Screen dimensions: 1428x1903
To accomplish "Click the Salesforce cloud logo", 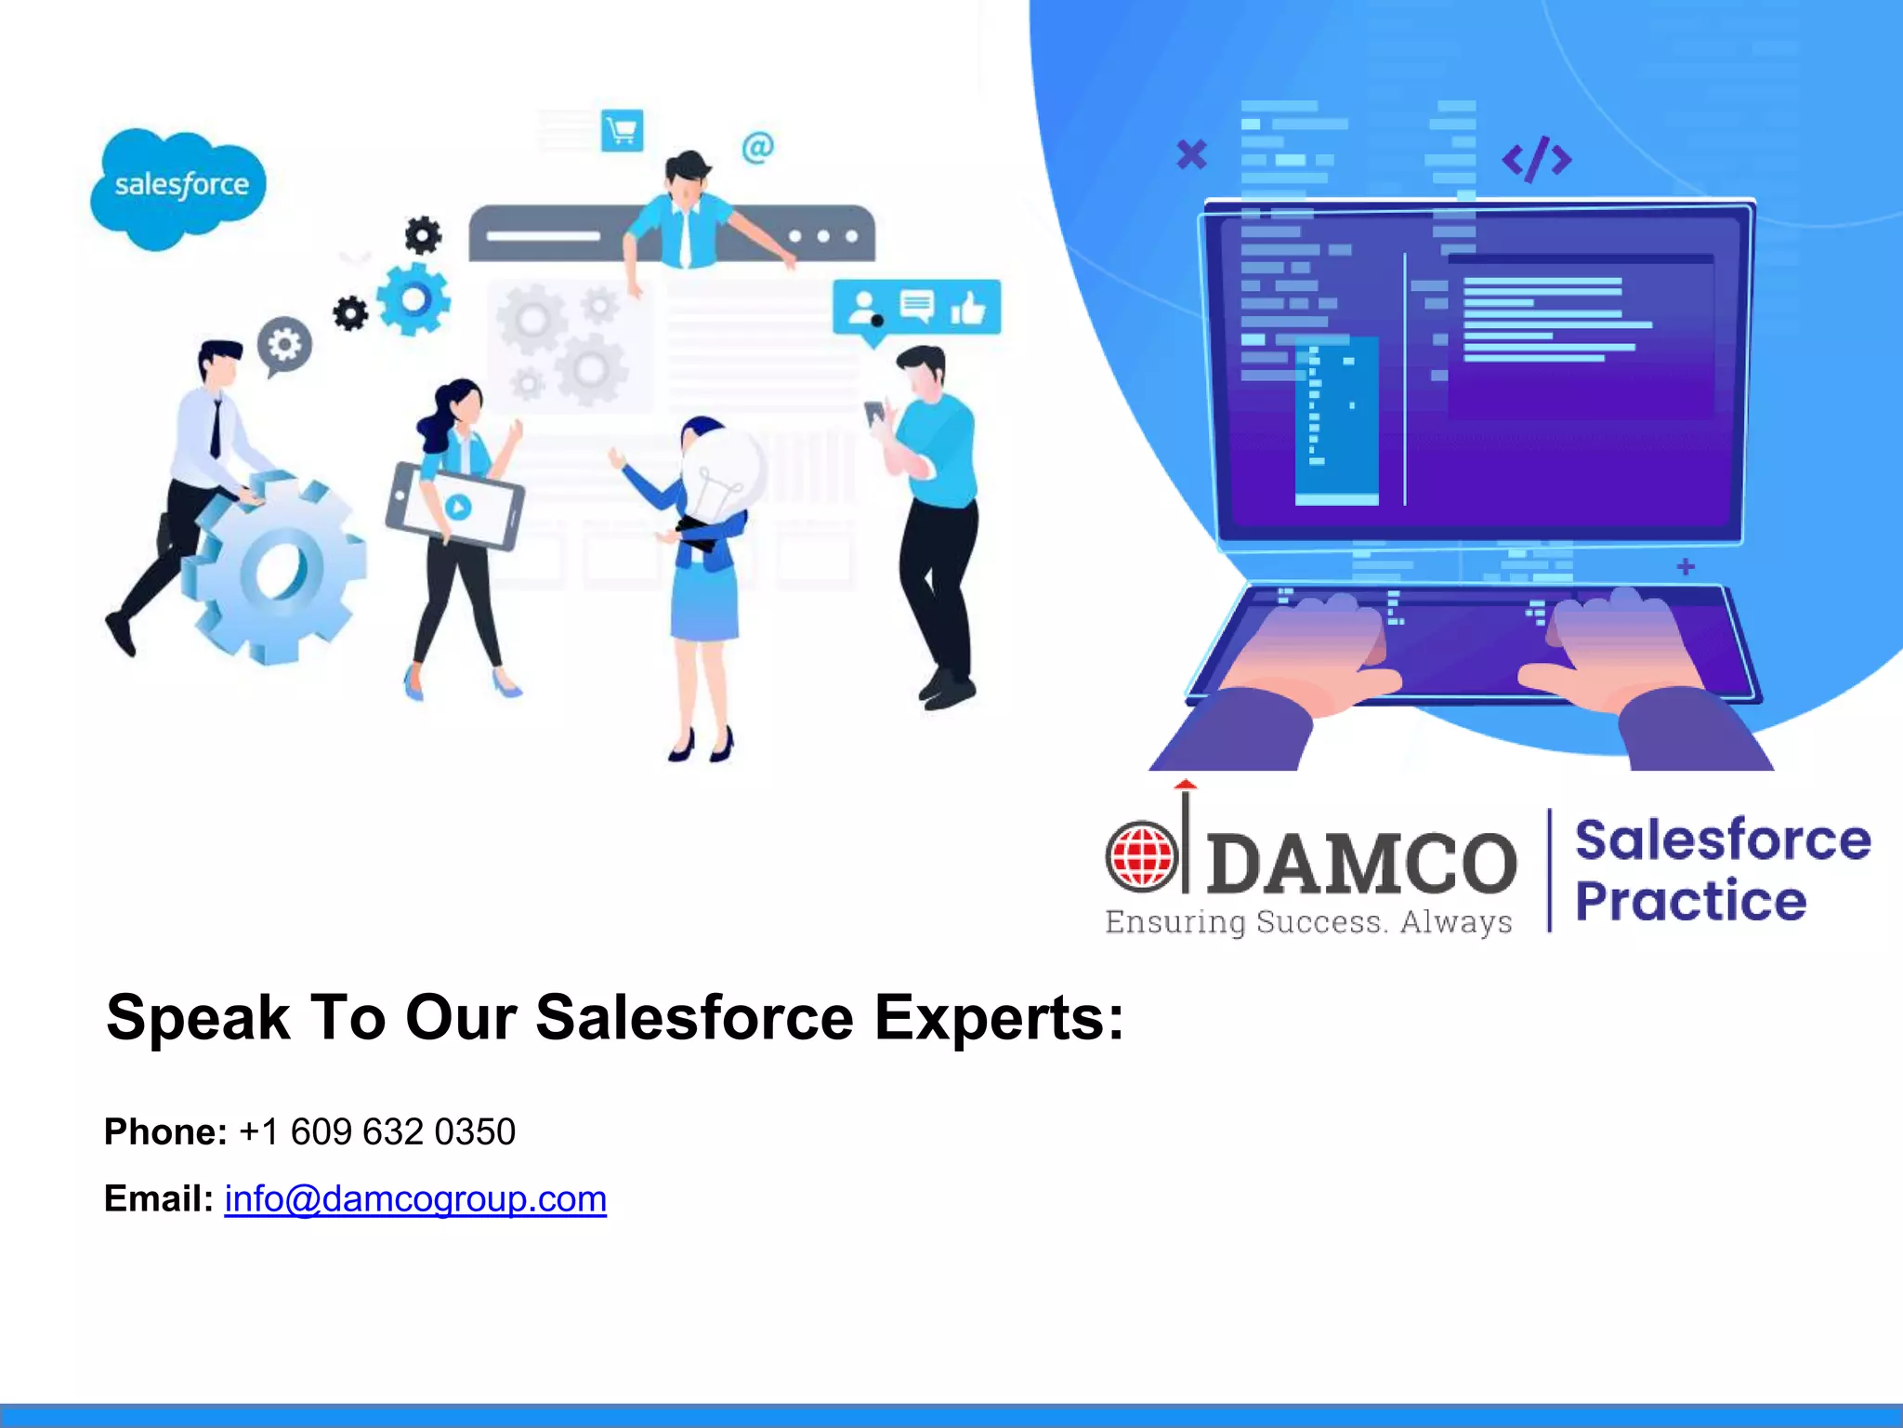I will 178,187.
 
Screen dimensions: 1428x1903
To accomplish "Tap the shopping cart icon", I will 622,130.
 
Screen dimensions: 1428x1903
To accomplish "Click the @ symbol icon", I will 757,147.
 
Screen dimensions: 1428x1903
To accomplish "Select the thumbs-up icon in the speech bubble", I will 968,307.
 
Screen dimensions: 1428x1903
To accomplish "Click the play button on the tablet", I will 457,507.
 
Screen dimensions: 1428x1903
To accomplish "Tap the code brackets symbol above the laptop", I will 1537,159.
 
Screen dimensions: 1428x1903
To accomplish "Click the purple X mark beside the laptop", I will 1191,153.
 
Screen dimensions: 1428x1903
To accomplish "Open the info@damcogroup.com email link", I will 415,1199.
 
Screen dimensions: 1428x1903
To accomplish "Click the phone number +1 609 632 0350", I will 376,1132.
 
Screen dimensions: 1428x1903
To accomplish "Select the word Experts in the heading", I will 998,1018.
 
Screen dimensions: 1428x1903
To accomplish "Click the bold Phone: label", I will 165,1132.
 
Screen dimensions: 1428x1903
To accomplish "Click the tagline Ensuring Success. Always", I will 1308,922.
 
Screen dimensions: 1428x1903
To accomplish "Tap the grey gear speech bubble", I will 284,346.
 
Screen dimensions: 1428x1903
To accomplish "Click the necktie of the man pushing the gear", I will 217,428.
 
